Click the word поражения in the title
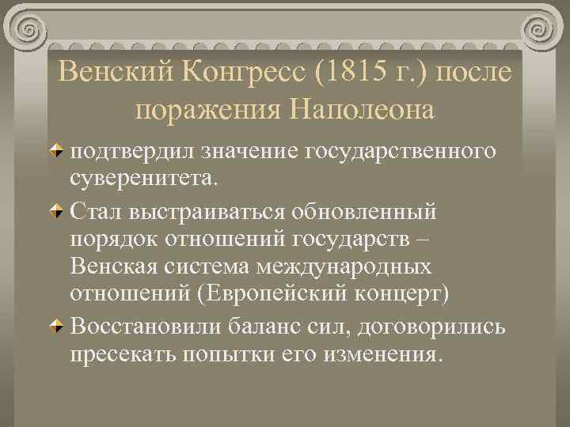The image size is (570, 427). click(x=209, y=109)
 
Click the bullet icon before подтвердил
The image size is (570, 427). click(x=60, y=150)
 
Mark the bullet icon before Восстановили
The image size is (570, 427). click(x=60, y=326)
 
